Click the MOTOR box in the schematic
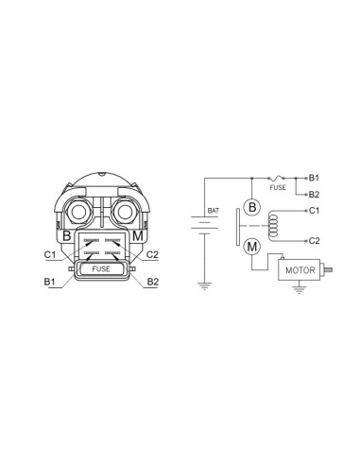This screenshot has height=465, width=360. coord(299,269)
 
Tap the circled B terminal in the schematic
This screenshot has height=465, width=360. coord(252,207)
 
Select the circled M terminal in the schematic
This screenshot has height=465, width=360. coord(252,247)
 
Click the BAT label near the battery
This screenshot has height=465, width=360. coord(214,211)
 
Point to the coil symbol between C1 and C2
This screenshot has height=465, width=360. coord(272,226)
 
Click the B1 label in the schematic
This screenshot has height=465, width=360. coord(314,178)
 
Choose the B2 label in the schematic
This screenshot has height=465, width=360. coord(314,195)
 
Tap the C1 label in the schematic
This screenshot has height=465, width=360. coord(314,211)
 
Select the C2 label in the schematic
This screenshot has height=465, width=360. coord(314,241)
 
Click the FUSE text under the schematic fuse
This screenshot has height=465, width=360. coord(278,187)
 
